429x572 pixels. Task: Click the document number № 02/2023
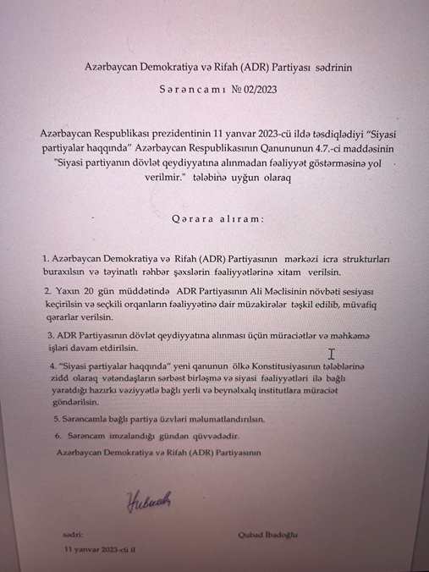[x=253, y=87]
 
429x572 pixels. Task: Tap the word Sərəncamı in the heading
[x=198, y=87]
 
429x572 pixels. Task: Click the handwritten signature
[x=150, y=501]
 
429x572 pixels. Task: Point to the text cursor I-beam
[x=332, y=354]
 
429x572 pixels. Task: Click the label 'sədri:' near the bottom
[x=73, y=535]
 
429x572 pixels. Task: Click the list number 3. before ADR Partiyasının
[x=50, y=335]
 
